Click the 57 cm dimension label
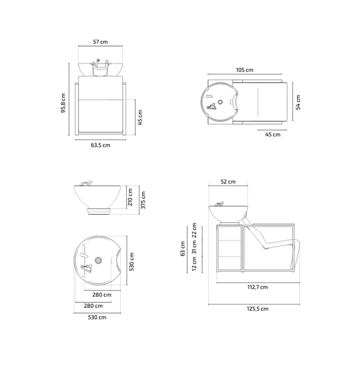[100, 42]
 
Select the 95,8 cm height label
[63, 103]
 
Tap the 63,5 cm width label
[100, 145]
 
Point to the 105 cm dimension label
[244, 70]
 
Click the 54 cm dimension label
[298, 102]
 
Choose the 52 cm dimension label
[228, 181]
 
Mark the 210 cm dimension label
[130, 197]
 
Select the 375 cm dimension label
[143, 200]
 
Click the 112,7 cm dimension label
[257, 287]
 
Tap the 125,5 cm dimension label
[257, 309]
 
